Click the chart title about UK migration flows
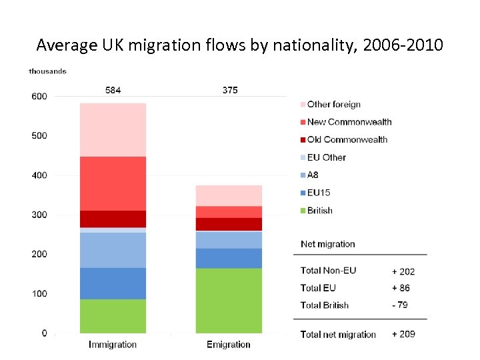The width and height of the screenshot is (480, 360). (x=240, y=45)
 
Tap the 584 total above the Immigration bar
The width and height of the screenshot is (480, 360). (x=113, y=90)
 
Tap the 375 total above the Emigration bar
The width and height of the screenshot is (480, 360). (x=229, y=90)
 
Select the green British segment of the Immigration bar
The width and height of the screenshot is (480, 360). (x=113, y=316)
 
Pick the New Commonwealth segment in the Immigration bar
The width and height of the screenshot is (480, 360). (x=113, y=183)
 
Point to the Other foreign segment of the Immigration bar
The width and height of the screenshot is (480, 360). (x=113, y=130)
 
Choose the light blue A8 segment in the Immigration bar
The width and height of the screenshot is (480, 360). (x=113, y=250)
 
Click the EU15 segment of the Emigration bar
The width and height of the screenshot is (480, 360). (x=229, y=258)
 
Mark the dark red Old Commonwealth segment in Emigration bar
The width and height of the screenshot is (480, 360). (x=229, y=224)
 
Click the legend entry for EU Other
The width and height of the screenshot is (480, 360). (x=326, y=157)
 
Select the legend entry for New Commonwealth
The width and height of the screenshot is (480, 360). (x=349, y=122)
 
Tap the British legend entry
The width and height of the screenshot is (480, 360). (x=319, y=211)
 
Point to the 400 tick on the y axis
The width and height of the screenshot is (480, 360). (x=39, y=175)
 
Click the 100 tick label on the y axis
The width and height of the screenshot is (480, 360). (x=39, y=294)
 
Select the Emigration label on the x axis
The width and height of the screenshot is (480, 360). (x=229, y=345)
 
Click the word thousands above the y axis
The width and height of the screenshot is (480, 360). (x=47, y=71)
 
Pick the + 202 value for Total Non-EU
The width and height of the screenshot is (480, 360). (x=403, y=271)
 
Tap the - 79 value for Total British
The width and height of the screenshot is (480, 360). (x=400, y=305)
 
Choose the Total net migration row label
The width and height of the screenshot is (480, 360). (x=338, y=335)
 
